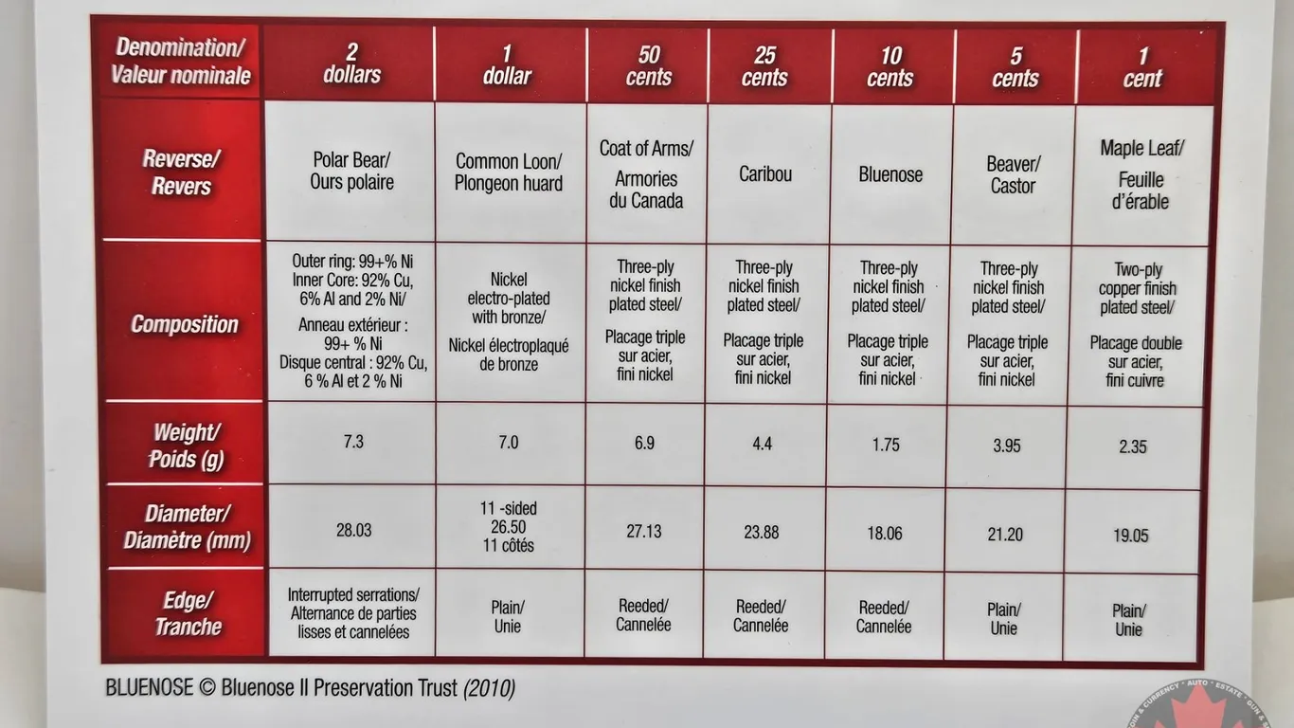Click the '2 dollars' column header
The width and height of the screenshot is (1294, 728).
[x=351, y=64]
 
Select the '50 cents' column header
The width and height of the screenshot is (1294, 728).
[x=649, y=65]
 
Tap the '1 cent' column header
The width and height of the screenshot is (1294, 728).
[x=1142, y=67]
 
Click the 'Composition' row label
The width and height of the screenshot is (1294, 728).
[x=185, y=324]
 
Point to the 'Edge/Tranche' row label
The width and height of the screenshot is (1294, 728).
[x=188, y=613]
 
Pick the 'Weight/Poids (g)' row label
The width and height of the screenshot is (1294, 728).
[x=187, y=446]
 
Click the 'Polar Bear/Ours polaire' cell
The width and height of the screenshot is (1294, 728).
[x=351, y=171]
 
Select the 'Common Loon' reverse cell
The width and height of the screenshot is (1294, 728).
[x=509, y=173]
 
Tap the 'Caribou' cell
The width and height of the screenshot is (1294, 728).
[x=765, y=174]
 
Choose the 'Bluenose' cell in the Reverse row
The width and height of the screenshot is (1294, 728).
[x=890, y=174]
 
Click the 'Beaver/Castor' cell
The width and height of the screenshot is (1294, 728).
[x=1013, y=175]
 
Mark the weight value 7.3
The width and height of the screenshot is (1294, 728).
[x=353, y=442]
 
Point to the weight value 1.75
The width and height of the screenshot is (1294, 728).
[x=886, y=444]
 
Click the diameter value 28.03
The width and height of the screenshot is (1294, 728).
[x=353, y=530]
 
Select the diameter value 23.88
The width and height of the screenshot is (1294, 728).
[x=762, y=532]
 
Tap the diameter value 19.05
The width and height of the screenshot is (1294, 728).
[x=1131, y=536]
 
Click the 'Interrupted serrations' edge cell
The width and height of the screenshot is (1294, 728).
[x=353, y=613]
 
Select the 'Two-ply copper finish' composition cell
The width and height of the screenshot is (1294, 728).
[x=1137, y=325]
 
